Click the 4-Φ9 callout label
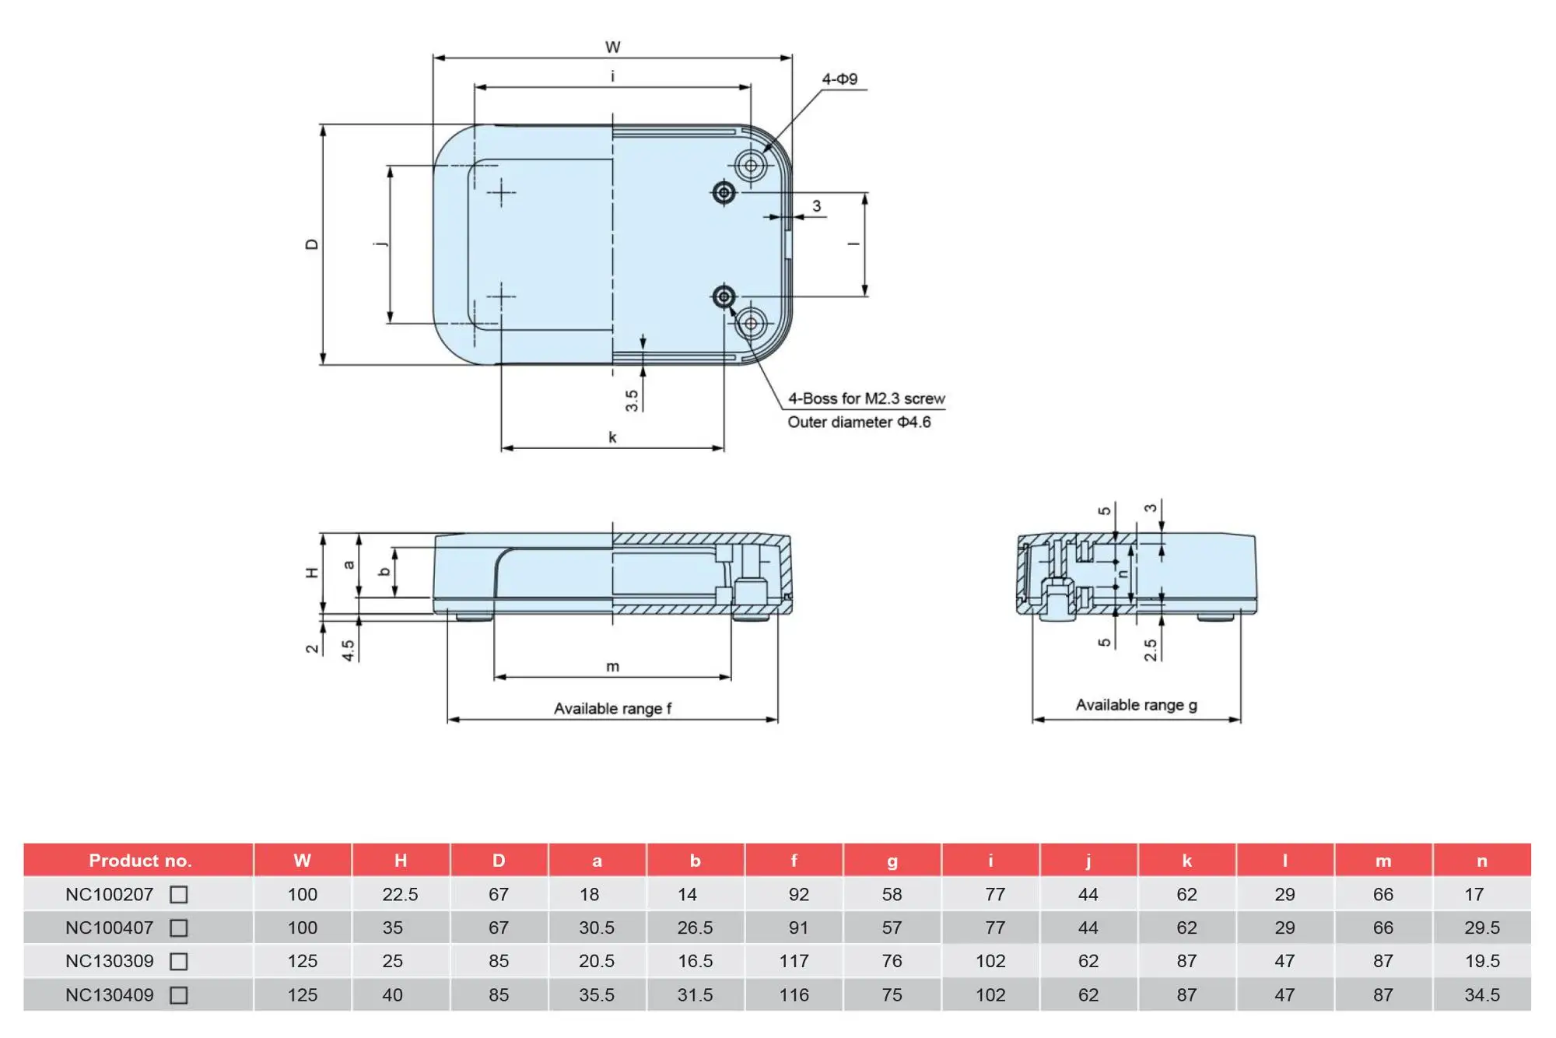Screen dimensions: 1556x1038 click(x=839, y=79)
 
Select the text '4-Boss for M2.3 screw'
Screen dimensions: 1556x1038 click(x=866, y=398)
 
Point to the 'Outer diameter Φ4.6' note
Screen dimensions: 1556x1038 click(x=859, y=422)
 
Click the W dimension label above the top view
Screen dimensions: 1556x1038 click(x=613, y=47)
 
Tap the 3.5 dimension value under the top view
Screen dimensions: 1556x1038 click(x=632, y=401)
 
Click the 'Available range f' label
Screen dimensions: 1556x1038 click(x=612, y=708)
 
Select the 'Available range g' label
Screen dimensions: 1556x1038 click(x=1136, y=705)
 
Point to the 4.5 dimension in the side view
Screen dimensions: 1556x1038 click(x=349, y=651)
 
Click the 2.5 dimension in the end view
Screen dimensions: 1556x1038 click(x=1151, y=651)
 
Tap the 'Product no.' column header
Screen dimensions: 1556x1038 click(x=140, y=861)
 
